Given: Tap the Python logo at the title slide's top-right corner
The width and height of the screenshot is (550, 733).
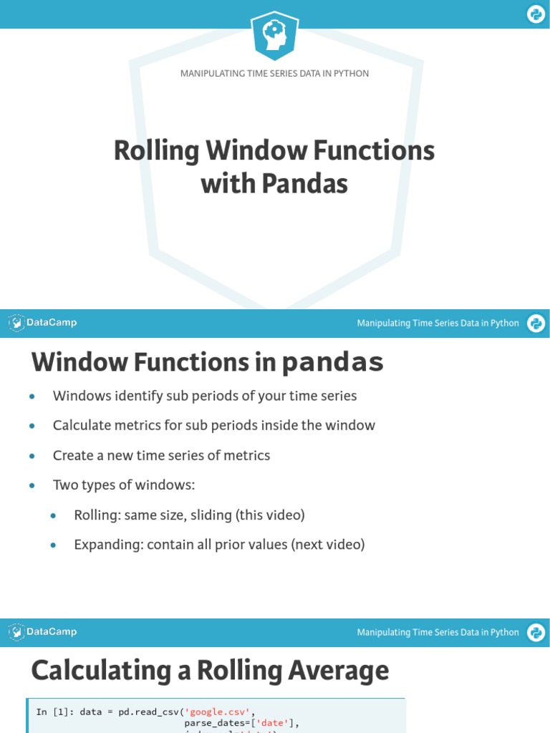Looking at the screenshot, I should coord(536,14).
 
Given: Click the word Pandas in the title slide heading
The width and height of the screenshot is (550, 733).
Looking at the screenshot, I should coord(304,184).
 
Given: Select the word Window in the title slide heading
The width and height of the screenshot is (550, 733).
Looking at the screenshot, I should coord(242,151).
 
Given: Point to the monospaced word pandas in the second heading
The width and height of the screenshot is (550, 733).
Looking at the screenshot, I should coord(332,363).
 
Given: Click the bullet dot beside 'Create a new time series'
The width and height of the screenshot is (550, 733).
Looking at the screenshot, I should coord(32,456).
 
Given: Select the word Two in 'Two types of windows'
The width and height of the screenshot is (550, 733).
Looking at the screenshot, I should coord(64,485).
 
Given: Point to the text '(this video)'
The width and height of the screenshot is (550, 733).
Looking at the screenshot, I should coord(269,515).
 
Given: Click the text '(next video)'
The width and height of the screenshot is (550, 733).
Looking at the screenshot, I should coord(328,545).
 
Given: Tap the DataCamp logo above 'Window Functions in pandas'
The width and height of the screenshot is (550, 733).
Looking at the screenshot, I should coord(43,323).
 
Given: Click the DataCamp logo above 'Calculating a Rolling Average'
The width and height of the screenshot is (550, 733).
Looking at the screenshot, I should coord(43,632).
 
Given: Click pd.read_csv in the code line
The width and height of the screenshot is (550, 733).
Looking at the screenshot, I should coord(148,712).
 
